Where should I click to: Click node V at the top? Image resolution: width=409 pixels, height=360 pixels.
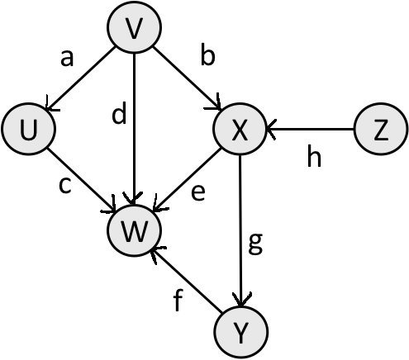click(133, 31)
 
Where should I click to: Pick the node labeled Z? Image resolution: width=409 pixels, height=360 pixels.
click(380, 131)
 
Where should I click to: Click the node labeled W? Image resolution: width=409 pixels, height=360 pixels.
click(133, 232)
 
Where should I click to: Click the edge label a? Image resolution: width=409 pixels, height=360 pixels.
click(67, 58)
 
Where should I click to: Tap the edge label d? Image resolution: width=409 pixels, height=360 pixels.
click(120, 116)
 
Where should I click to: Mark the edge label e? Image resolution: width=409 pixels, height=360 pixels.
click(199, 192)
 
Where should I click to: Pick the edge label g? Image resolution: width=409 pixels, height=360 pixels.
click(255, 244)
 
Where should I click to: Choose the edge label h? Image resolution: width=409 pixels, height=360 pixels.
click(313, 157)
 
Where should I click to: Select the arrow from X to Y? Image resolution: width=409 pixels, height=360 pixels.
click(240, 231)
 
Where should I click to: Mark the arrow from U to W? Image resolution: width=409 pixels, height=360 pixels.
click(81, 182)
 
